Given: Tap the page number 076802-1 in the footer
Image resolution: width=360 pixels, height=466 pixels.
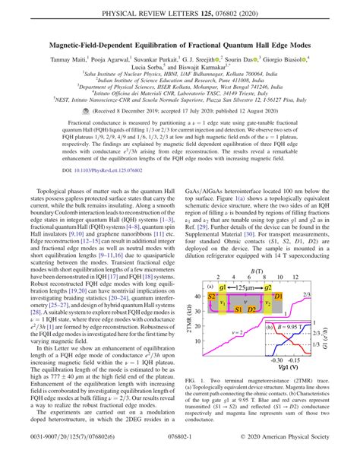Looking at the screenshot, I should [x=179, y=458].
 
